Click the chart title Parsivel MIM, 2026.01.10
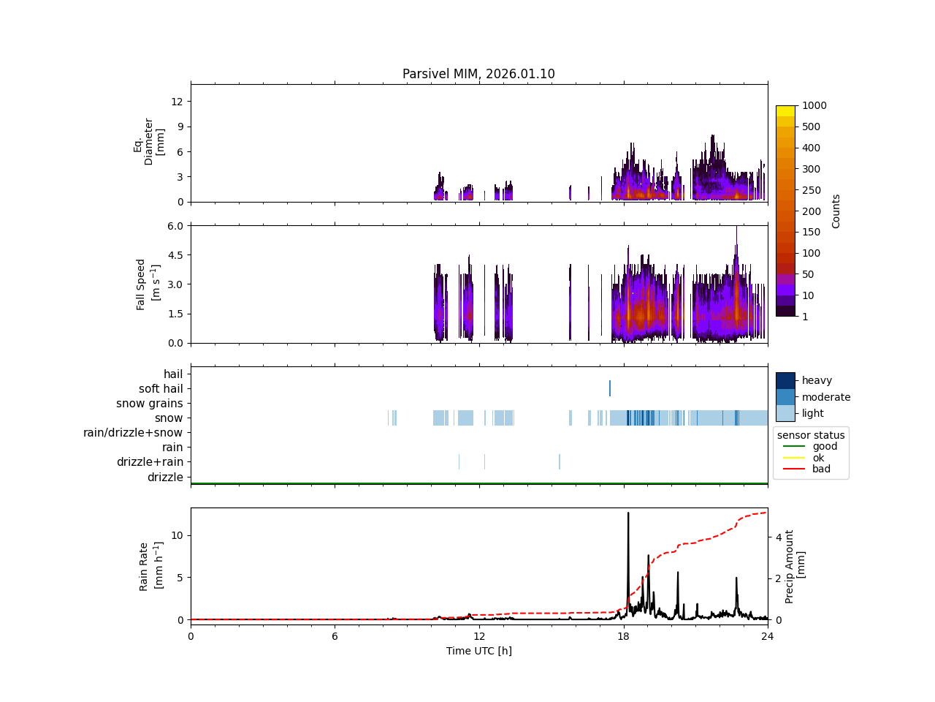click(x=478, y=74)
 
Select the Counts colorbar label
click(x=836, y=211)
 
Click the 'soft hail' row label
click(x=161, y=389)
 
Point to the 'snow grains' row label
click(x=149, y=404)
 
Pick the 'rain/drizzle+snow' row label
click(x=133, y=433)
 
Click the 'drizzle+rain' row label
click(x=150, y=462)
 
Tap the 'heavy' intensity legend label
click(x=817, y=380)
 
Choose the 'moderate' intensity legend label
click(x=826, y=397)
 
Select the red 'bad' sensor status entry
click(x=821, y=469)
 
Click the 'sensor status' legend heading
click(x=811, y=435)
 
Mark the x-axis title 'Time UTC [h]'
click(x=478, y=651)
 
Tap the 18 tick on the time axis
click(x=623, y=635)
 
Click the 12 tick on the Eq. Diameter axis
click(x=176, y=101)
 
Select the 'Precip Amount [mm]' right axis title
click(x=795, y=566)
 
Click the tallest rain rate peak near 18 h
click(x=628, y=513)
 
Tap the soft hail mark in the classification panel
click(x=610, y=388)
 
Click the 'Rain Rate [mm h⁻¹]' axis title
click(x=149, y=566)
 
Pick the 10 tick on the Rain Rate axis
click(x=176, y=535)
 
